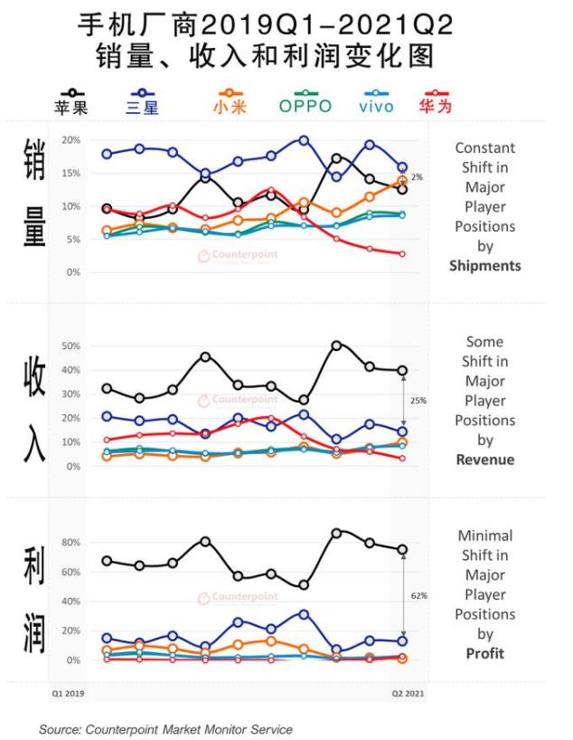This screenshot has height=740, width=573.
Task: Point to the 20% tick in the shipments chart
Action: click(71, 140)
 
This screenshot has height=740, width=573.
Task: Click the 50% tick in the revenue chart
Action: click(71, 346)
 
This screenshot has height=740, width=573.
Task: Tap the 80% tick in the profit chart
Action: click(71, 543)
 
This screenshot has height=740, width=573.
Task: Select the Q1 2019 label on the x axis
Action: click(67, 694)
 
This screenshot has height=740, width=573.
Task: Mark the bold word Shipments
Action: click(484, 266)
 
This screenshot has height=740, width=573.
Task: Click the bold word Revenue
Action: click(484, 460)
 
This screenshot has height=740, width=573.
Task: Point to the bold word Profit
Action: click(484, 653)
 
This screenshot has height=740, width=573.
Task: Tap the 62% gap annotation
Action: click(418, 596)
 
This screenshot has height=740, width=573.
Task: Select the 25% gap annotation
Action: click(418, 400)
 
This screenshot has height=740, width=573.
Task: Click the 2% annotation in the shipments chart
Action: click(417, 177)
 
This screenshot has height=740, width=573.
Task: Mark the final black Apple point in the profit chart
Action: click(402, 550)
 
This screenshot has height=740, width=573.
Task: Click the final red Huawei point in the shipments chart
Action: click(402, 254)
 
